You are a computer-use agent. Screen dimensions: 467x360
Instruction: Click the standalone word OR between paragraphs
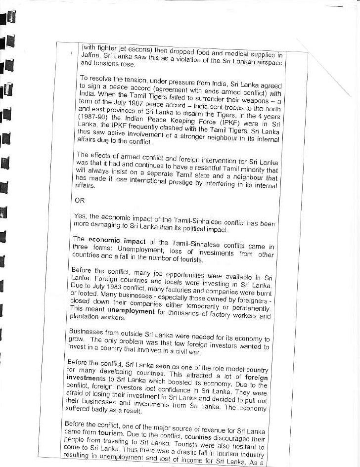[x=79, y=201]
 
